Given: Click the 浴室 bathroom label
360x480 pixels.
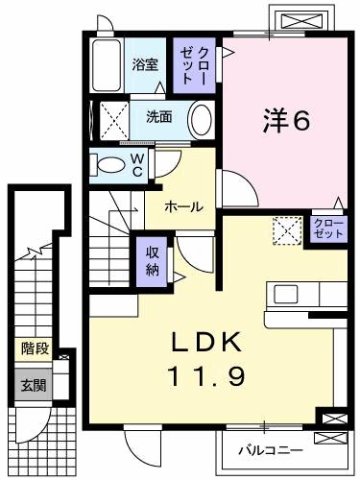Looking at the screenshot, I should coord(145,66).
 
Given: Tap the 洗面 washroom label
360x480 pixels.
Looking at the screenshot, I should coord(158,116).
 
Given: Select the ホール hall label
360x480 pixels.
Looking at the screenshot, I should coord(184,207).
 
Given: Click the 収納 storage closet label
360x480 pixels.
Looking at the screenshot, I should coord(152,260).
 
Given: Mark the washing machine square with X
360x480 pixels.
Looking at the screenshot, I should coord(112,120).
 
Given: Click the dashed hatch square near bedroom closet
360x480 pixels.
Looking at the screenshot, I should coord(290,230).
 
